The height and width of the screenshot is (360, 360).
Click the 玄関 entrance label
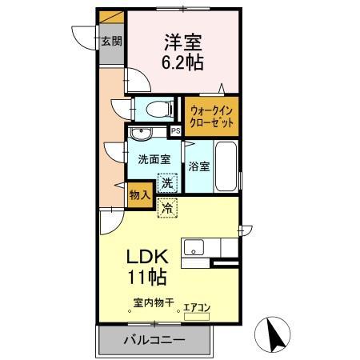pyautogui.click(x=110, y=40)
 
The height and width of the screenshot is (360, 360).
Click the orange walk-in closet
pyautogui.click(x=211, y=117)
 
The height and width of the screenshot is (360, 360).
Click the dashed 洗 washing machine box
pyautogui.click(x=167, y=182)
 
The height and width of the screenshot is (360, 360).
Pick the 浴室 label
pyautogui.click(x=199, y=167)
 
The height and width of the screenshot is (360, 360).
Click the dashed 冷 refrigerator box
pyautogui.click(x=167, y=208)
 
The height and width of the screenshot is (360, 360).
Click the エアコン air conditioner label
pyautogui.click(x=197, y=306)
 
